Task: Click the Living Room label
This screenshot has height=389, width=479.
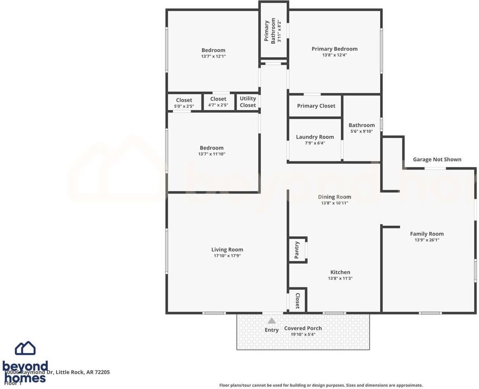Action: pos(227,250)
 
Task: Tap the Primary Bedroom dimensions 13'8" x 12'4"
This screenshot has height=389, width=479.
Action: pos(334,55)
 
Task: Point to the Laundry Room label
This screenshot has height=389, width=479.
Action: pos(315,137)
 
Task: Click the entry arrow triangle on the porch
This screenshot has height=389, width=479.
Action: pos(272,321)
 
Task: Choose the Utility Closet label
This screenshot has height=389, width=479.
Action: pos(248,102)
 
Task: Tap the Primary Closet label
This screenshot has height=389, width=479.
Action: pos(316,106)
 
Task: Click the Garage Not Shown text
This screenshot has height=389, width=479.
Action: pos(437,159)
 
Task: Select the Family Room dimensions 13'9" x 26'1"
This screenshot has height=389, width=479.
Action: pos(427,240)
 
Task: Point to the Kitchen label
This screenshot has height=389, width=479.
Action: pos(340,272)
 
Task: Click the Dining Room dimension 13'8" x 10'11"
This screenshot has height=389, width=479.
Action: pos(334,203)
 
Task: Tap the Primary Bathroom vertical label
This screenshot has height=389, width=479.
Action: pos(270,31)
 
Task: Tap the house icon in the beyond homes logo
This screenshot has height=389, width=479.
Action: pos(25,348)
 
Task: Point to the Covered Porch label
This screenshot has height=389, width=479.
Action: pos(303,328)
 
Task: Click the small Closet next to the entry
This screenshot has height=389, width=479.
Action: pos(297,301)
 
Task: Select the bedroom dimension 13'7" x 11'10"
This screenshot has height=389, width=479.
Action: pos(212,154)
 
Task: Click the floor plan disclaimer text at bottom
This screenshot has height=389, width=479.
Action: pos(321,385)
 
